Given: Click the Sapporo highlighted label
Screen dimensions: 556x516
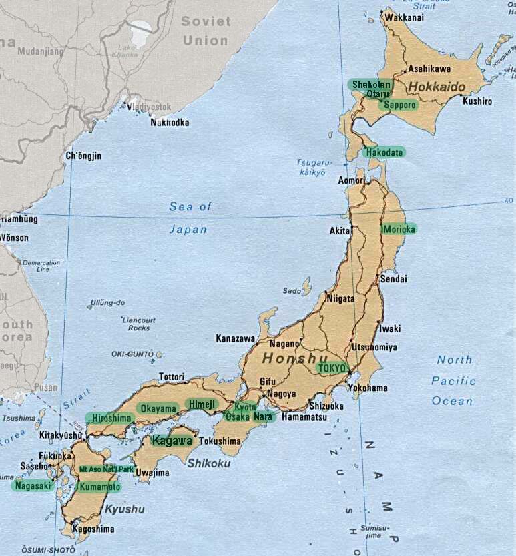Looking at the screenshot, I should pyautogui.click(x=400, y=105).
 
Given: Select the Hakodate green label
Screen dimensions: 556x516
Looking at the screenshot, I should pyautogui.click(x=384, y=152).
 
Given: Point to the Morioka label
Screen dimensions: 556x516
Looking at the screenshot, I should pyautogui.click(x=399, y=229).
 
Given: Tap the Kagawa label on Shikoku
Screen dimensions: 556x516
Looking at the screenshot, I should pyautogui.click(x=172, y=441).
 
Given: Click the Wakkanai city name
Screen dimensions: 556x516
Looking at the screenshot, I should pyautogui.click(x=405, y=17).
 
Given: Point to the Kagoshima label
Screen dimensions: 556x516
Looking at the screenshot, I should pyautogui.click(x=93, y=529).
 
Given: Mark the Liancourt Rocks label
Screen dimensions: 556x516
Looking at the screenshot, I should pyautogui.click(x=139, y=324).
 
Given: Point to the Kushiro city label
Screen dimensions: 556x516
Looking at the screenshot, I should pyautogui.click(x=477, y=101).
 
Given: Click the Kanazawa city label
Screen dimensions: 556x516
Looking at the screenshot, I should pyautogui.click(x=235, y=338).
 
